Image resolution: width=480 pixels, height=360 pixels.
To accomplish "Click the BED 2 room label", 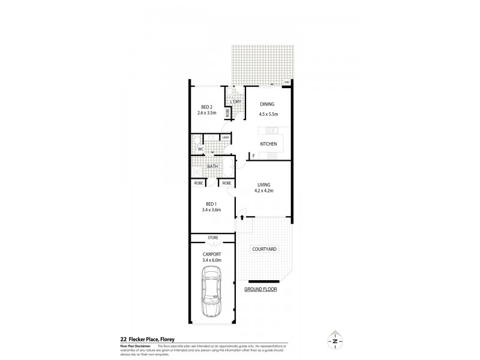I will pos(206,106).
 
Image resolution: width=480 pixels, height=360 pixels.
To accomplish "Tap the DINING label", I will pos(267,104).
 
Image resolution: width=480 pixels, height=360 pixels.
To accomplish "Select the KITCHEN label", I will pos(268,144).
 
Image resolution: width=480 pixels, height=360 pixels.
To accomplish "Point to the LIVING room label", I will pos(264,185).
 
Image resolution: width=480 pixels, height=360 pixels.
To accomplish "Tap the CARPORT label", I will pos(213,254).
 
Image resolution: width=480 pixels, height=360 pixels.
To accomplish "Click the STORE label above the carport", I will pos(212,238).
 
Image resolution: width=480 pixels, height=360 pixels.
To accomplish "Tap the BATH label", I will pos(212,166).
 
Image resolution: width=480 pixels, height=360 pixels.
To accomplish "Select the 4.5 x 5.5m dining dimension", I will pos(268,114).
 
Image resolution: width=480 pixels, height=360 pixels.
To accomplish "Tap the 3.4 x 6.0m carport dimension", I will pos(213,261).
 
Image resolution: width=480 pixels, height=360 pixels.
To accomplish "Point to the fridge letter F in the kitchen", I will pos(254,156).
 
